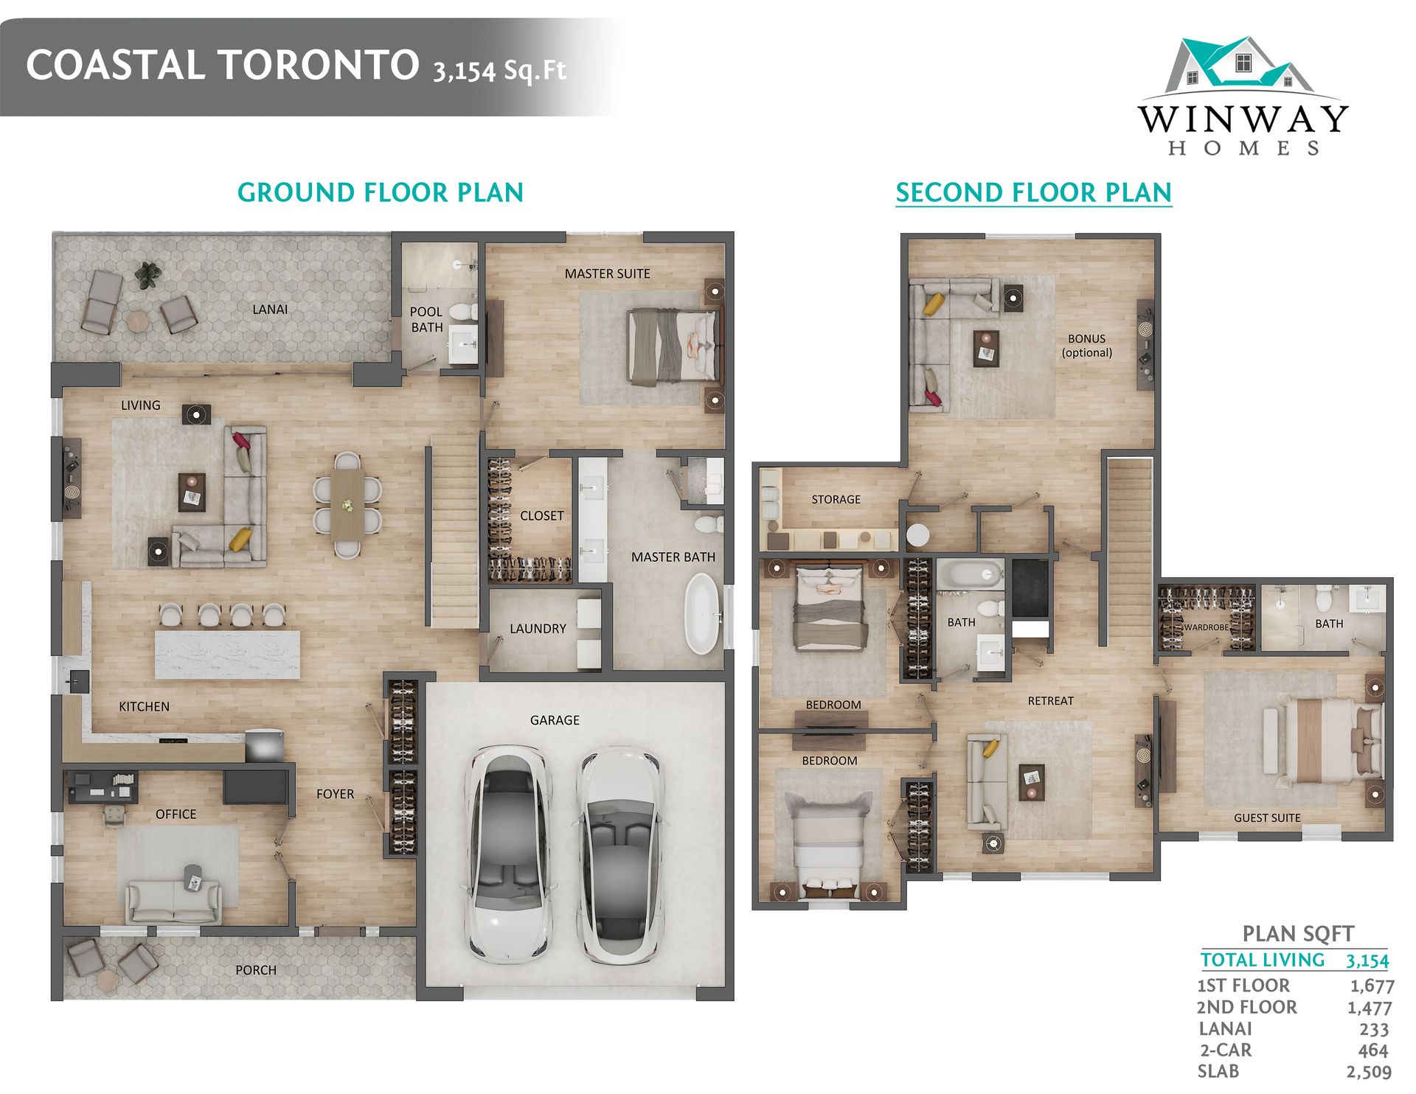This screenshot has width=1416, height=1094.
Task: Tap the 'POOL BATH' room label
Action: (x=426, y=319)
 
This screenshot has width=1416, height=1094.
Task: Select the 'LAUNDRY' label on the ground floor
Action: (x=538, y=629)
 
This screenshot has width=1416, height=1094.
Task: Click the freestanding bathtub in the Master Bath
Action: (x=703, y=614)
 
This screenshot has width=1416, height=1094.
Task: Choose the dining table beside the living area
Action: (x=347, y=505)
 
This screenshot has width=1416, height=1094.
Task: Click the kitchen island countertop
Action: (x=228, y=654)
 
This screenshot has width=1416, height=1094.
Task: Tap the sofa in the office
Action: (x=173, y=901)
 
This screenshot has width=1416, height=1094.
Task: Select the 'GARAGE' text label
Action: (x=555, y=720)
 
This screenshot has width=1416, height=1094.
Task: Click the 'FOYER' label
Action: (x=335, y=794)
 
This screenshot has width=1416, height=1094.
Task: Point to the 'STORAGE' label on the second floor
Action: (x=836, y=500)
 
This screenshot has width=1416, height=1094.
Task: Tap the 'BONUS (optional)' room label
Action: (x=1087, y=346)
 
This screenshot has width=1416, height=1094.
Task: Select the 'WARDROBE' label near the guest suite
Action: (x=1206, y=627)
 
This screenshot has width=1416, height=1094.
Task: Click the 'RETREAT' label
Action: (x=1051, y=701)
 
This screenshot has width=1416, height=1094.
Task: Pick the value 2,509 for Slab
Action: (x=1369, y=1072)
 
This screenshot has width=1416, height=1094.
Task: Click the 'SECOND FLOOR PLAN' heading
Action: (x=1033, y=192)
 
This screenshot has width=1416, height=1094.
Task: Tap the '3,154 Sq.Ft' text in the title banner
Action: (x=500, y=70)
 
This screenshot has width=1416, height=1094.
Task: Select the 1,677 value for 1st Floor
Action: (x=1372, y=986)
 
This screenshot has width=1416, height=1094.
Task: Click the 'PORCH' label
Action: (x=256, y=970)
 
